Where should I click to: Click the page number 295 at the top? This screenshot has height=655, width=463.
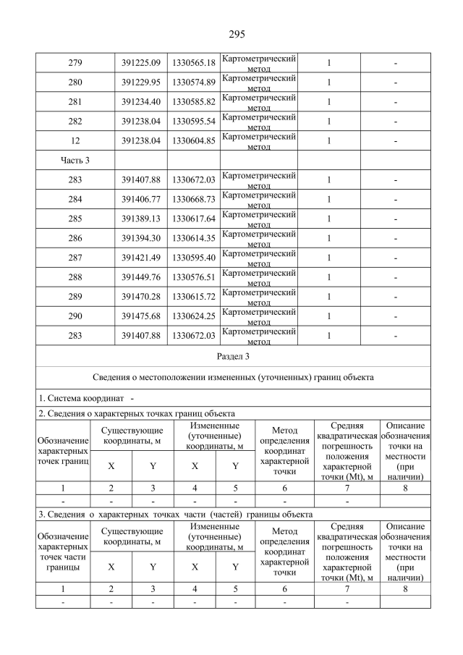[x=237, y=34]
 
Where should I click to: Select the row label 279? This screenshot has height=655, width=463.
[x=75, y=63]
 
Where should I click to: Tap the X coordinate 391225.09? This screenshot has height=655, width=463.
[x=141, y=63]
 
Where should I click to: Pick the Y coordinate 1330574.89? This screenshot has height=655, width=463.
[x=193, y=83]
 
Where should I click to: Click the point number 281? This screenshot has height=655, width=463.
[x=75, y=102]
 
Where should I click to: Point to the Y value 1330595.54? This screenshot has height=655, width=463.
[x=193, y=122]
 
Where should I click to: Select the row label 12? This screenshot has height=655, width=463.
[x=75, y=140]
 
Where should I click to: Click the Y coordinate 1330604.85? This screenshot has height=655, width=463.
[x=193, y=140]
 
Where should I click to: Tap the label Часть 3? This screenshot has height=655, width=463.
[x=75, y=160]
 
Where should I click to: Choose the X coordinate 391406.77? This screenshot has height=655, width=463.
[x=141, y=199]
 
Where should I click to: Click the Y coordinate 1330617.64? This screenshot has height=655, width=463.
[x=193, y=219]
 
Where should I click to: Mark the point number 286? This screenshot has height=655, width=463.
[x=75, y=238]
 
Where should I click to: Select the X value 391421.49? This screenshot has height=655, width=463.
[x=141, y=258]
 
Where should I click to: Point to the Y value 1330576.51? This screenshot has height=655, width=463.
[x=193, y=277]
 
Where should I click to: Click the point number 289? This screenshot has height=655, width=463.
[x=75, y=297]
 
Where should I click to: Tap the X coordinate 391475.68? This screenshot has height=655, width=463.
[x=141, y=316]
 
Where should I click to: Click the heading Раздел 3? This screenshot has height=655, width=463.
[x=233, y=357]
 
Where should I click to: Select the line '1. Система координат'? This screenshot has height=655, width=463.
[x=86, y=400]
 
